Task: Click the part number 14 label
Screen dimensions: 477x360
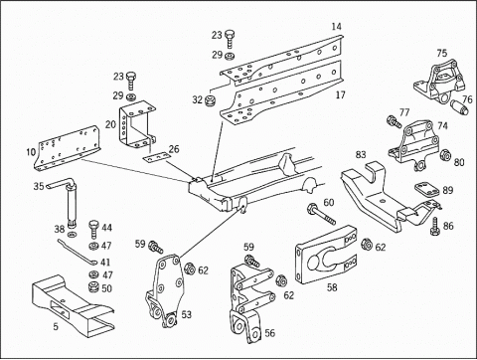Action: [336, 27]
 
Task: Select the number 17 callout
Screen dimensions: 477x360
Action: [340, 95]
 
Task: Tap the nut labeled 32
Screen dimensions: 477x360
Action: [210, 100]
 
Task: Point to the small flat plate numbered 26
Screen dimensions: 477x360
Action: [156, 157]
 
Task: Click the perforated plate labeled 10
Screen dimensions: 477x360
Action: [68, 148]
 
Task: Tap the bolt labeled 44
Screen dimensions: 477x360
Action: [93, 229]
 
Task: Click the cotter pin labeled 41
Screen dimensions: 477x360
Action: [77, 253]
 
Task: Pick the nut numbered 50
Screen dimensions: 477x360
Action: [94, 287]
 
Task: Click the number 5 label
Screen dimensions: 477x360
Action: [56, 326]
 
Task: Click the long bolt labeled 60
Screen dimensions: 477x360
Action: [322, 215]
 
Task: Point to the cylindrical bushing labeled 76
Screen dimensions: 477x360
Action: [459, 106]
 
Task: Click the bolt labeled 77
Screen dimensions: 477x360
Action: [395, 121]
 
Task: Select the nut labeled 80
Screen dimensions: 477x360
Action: [445, 155]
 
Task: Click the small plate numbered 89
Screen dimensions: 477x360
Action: [427, 189]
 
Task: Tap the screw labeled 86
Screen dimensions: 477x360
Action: [435, 227]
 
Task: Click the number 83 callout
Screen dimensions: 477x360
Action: [361, 155]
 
